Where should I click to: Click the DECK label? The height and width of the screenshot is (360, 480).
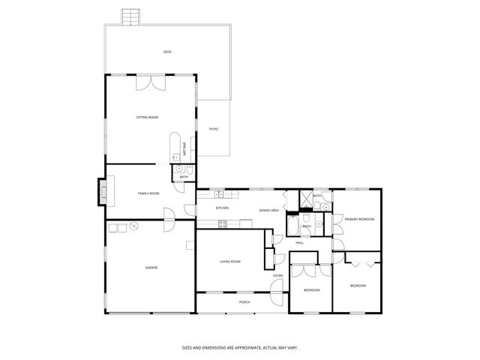167,52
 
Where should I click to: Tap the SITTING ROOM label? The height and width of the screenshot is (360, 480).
147,118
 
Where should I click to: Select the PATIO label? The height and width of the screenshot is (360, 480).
214,129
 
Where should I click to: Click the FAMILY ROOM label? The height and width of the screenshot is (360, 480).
148,193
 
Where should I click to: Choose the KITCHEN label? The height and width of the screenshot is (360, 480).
222,208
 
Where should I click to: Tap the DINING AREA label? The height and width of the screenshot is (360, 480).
269,211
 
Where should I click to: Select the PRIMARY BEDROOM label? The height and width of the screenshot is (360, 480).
359,219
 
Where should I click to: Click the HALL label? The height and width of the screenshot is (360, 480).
299,243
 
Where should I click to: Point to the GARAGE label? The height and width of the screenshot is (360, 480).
151,267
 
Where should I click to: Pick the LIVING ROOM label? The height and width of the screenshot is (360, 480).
230,261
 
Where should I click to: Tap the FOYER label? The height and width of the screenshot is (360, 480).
277,276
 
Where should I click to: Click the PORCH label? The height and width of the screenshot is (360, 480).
244,302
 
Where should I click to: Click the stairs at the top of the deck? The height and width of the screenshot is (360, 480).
131,16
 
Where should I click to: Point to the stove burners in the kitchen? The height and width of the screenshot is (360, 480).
222,223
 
